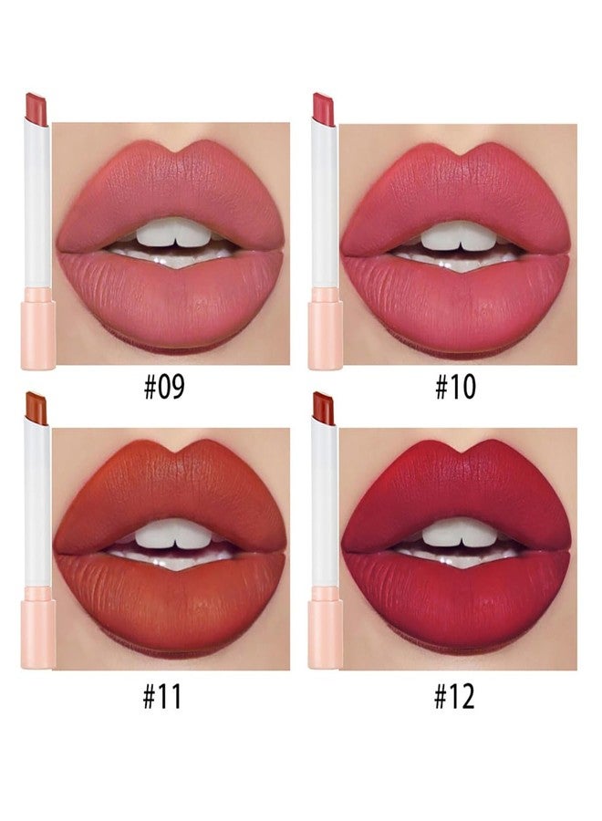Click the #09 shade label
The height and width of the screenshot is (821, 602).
[164, 387]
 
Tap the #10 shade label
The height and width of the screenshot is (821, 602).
[455, 387]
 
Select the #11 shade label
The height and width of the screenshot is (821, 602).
[162, 696]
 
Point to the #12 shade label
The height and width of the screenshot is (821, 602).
[455, 696]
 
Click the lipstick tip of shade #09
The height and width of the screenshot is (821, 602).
[36, 109]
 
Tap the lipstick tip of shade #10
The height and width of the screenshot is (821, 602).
[324, 109]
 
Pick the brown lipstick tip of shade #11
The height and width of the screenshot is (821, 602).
[36, 409]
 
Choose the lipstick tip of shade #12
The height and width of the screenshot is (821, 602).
[324, 409]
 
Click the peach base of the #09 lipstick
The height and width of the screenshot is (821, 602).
[38, 328]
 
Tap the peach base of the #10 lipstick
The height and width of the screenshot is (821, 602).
[325, 328]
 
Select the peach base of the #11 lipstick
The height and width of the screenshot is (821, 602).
[38, 628]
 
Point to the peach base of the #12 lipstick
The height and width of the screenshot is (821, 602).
[325, 628]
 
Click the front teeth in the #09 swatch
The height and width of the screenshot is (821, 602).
[174, 233]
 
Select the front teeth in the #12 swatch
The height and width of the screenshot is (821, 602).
[459, 533]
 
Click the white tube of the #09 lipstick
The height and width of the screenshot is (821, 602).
[37, 204]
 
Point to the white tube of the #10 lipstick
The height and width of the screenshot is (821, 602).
[324, 204]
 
